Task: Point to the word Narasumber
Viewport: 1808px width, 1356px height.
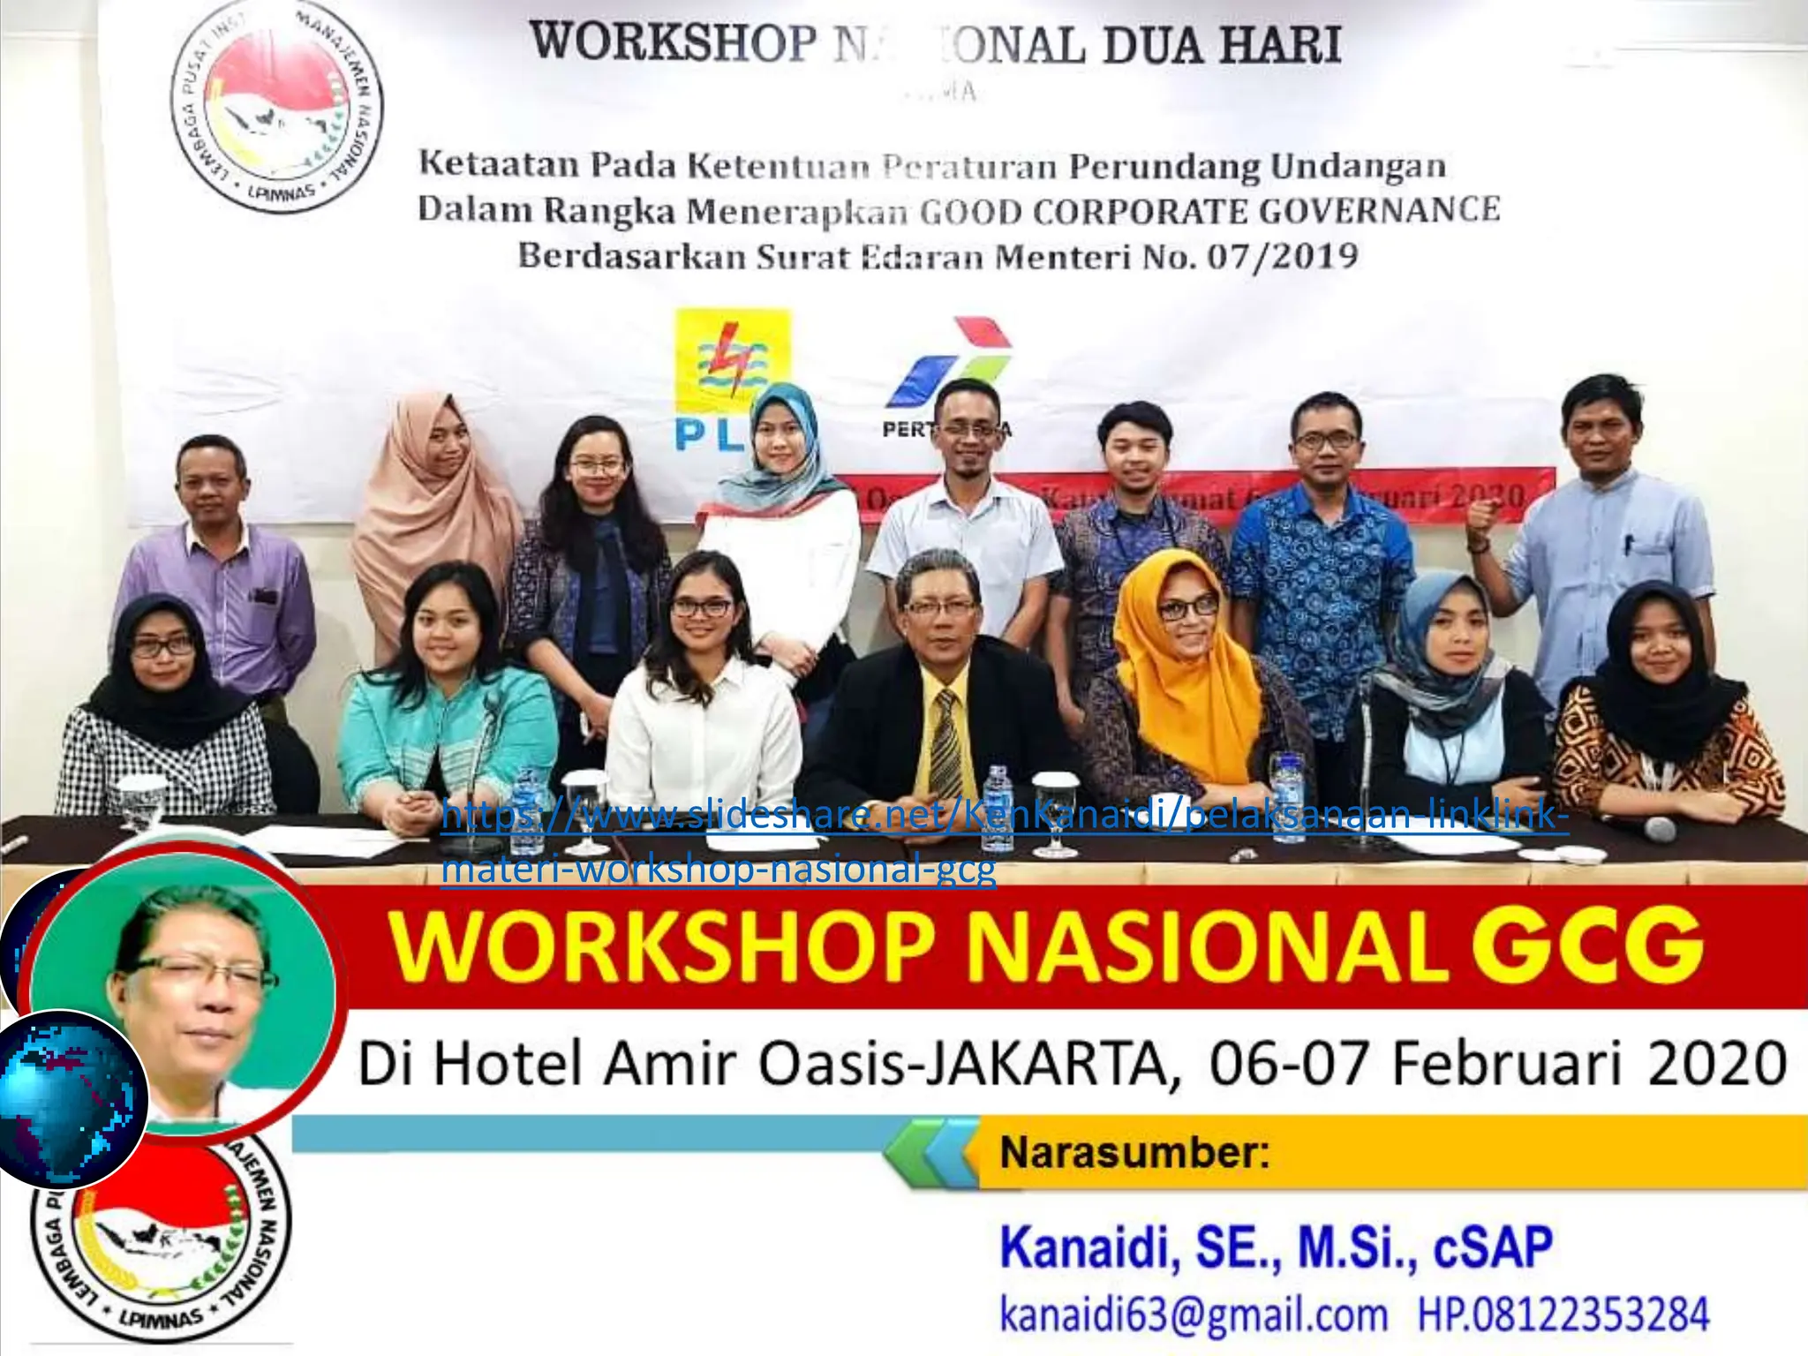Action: click(1134, 1153)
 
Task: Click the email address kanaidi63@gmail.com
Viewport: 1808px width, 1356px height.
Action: click(1193, 1314)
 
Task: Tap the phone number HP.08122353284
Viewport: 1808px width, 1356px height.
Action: click(1563, 1314)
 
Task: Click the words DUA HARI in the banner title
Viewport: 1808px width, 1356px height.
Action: click(1222, 44)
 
